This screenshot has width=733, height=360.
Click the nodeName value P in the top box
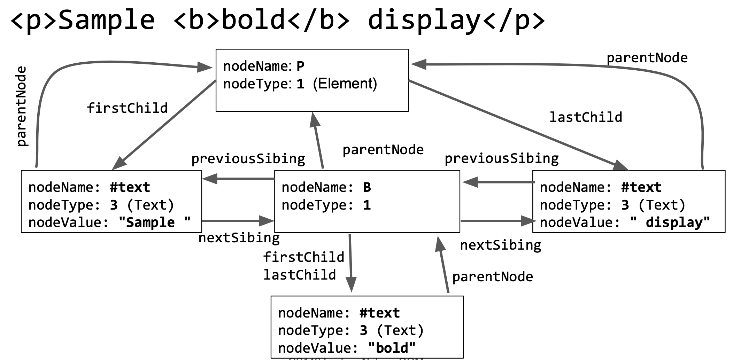pyautogui.click(x=300, y=66)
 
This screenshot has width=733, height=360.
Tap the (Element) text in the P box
pyautogui.click(x=345, y=84)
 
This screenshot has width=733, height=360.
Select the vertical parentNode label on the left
pyautogui.click(x=22, y=106)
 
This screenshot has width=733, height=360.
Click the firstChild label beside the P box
pyautogui.click(x=127, y=108)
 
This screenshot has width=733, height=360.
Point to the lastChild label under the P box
pyautogui.click(x=586, y=117)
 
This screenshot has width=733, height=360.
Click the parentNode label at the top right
pyautogui.click(x=647, y=58)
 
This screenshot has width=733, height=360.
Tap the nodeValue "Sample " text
pyautogui.click(x=154, y=222)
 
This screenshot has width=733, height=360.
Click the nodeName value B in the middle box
pyautogui.click(x=367, y=187)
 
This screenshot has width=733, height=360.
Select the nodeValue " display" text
pyautogui.click(x=670, y=222)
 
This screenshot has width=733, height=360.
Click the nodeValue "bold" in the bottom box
pyautogui.click(x=392, y=348)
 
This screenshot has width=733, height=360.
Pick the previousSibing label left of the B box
pyautogui.click(x=248, y=159)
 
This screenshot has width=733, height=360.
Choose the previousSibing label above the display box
pyautogui.click(x=501, y=158)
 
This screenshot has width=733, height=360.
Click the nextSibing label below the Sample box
pyautogui.click(x=239, y=238)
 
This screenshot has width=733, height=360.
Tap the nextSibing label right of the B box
pyautogui.click(x=500, y=245)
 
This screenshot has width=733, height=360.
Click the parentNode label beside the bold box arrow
pyautogui.click(x=492, y=277)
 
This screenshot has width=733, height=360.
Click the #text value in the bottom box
pyautogui.click(x=379, y=313)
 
